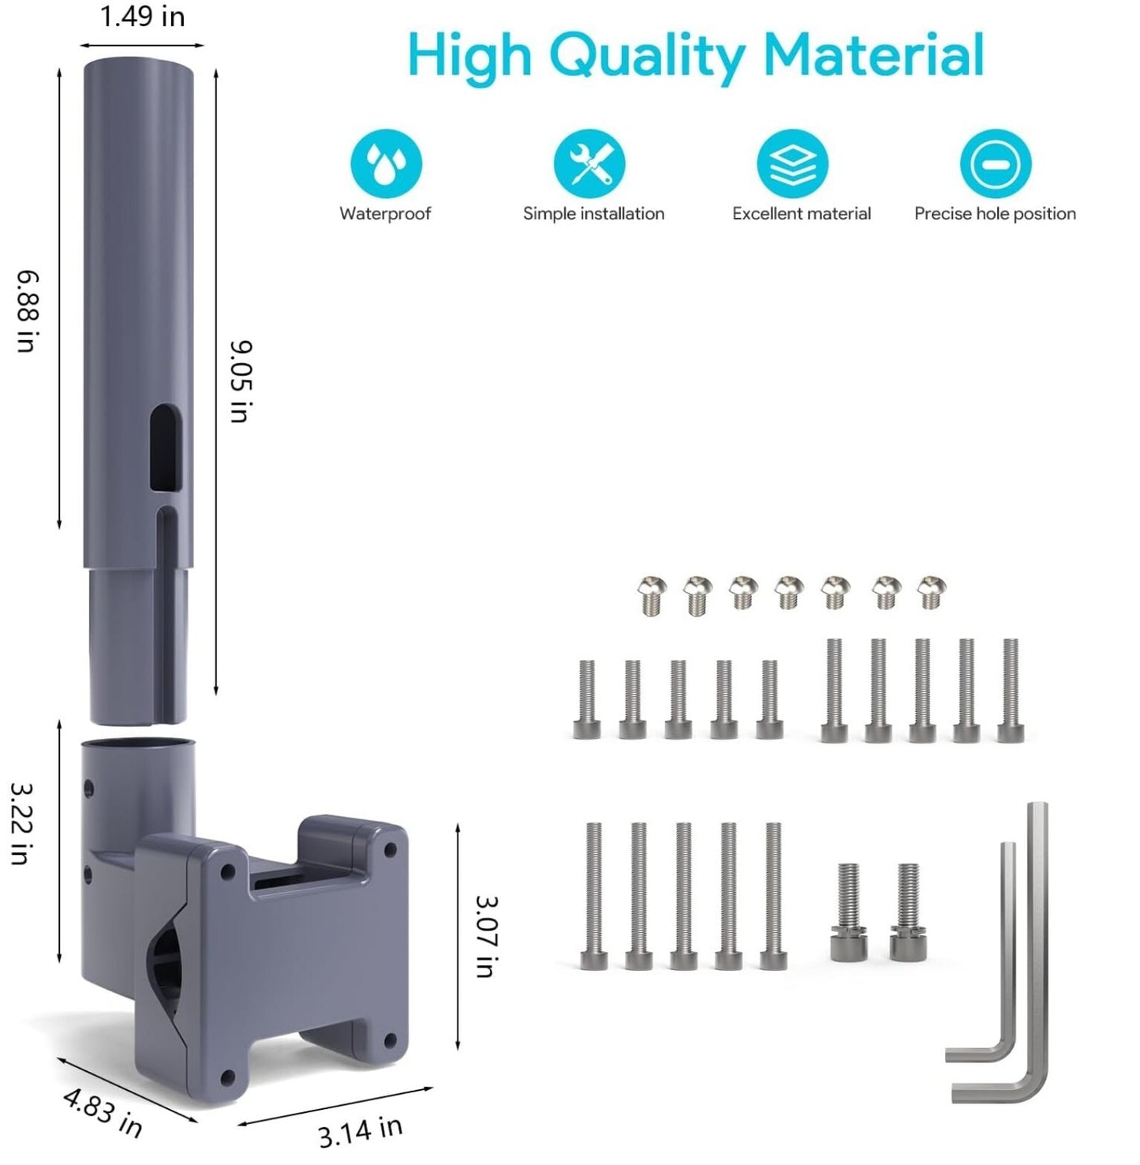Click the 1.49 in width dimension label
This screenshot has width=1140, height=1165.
point(143,17)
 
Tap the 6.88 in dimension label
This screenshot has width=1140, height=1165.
point(28,311)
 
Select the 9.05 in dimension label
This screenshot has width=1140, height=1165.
point(240,381)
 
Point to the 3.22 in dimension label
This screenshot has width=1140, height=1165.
point(21,823)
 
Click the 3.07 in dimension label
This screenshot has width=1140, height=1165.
point(487,936)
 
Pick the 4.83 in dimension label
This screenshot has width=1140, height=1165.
point(103,1112)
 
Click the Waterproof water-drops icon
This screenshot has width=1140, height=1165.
point(386,164)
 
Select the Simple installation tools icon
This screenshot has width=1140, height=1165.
point(589,164)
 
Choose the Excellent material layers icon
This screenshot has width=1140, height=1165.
point(792,164)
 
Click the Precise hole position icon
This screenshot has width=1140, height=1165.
point(996,164)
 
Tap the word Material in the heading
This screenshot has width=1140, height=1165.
point(874,54)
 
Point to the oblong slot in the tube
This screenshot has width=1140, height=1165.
point(166,448)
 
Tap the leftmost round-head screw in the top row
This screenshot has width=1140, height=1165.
point(652,596)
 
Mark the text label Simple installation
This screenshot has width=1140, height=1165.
point(593,213)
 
